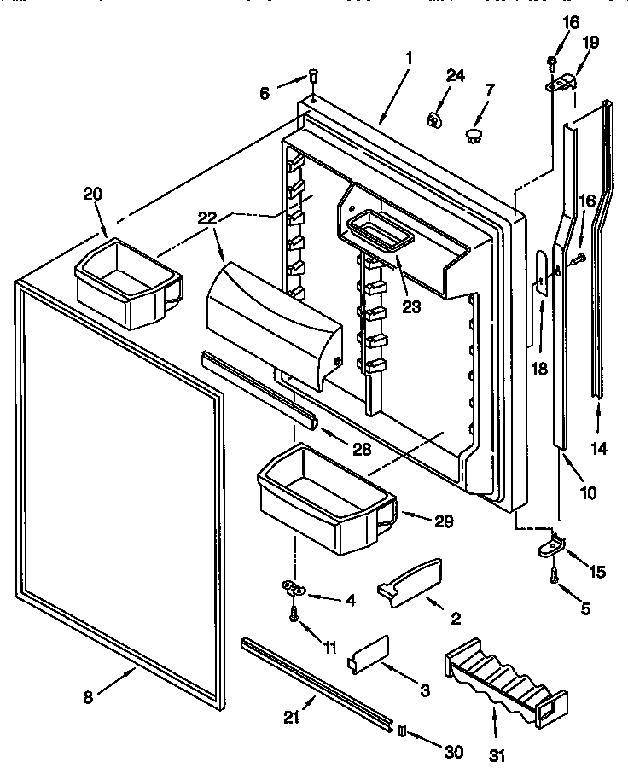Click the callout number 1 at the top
(x=409, y=58)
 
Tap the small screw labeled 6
(x=313, y=77)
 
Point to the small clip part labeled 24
(x=434, y=119)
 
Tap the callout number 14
(x=600, y=447)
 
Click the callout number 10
(x=588, y=492)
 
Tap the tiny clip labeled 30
(x=403, y=729)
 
